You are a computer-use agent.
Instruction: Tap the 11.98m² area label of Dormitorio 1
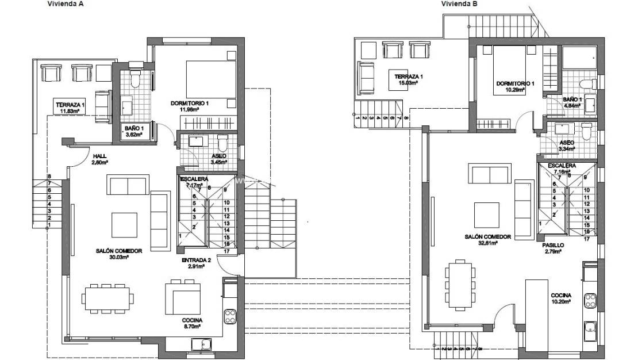189,109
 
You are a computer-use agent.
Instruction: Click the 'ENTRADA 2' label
197,261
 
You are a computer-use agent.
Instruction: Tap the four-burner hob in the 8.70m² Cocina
230,315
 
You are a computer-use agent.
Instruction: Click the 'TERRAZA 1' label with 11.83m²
70,105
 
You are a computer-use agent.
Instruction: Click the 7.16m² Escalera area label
562,171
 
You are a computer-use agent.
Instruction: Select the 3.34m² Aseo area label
567,149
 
